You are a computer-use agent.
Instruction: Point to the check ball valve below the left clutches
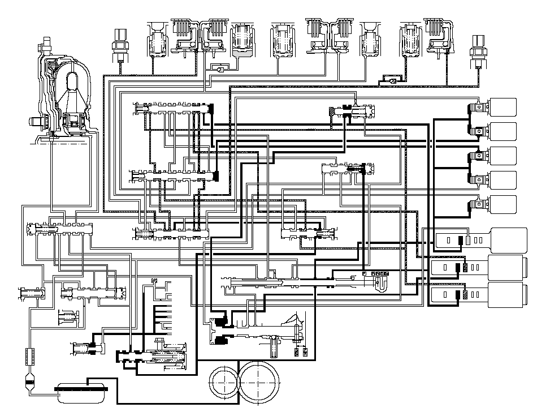[216, 68]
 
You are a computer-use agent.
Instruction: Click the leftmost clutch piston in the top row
[159, 40]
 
